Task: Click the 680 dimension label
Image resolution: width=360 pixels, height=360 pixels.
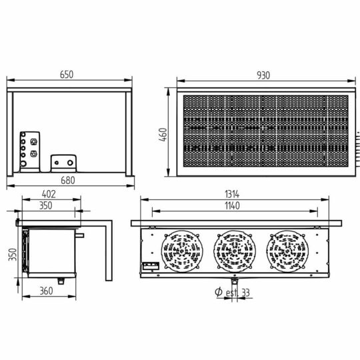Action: pos(68,179)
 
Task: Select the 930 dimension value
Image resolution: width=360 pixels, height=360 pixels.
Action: pos(263,75)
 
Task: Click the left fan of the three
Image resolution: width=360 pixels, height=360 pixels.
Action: pos(181,251)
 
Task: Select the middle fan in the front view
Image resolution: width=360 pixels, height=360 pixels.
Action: pos(234,251)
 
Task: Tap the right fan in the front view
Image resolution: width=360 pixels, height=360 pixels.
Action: pos(287,251)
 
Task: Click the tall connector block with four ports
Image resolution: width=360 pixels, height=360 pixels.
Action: pos(31,151)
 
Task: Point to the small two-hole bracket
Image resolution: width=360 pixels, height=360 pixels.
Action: pos(65,161)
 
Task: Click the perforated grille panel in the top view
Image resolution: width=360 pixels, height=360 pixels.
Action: pos(265,130)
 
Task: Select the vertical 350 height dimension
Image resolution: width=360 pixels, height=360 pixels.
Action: pos(11,255)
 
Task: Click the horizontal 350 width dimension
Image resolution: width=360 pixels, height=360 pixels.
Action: pos(45,206)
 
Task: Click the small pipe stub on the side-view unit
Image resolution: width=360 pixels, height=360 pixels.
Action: pos(81,235)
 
